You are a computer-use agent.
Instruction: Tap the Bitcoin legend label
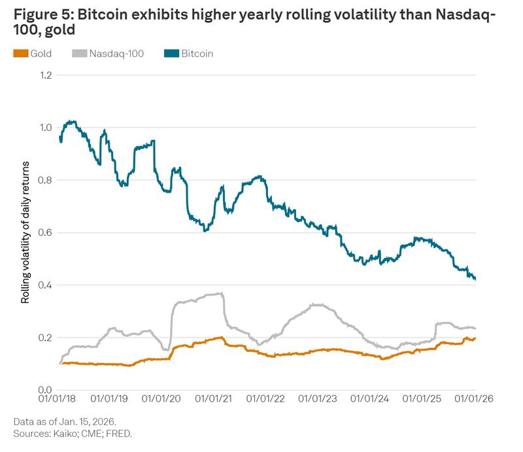(x=197, y=54)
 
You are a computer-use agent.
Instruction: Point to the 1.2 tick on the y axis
(x=45, y=75)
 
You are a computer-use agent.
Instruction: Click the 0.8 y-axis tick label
(x=45, y=181)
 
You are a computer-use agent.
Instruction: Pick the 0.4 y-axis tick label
(x=45, y=285)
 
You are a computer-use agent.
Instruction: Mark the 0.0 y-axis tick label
(x=45, y=390)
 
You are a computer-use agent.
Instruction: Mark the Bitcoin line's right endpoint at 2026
(x=475, y=279)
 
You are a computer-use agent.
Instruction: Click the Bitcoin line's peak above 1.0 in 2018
(x=70, y=121)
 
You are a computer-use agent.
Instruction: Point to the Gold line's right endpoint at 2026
(x=475, y=338)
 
